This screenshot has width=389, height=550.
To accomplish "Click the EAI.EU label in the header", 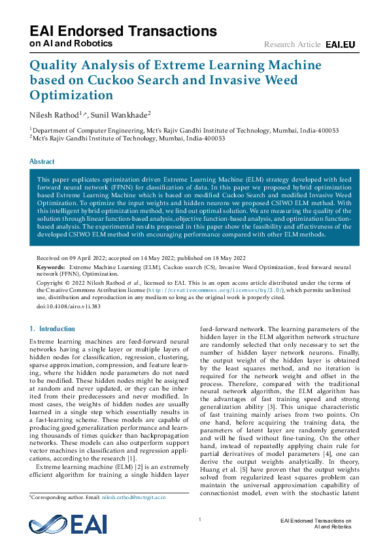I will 341,44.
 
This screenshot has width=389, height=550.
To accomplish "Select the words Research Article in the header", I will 292,44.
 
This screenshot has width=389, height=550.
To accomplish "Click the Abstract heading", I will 42,161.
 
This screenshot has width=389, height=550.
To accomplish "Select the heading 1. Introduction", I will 53,329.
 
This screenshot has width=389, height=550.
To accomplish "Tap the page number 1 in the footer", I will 199,519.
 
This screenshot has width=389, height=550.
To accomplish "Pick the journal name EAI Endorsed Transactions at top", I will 124,31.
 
